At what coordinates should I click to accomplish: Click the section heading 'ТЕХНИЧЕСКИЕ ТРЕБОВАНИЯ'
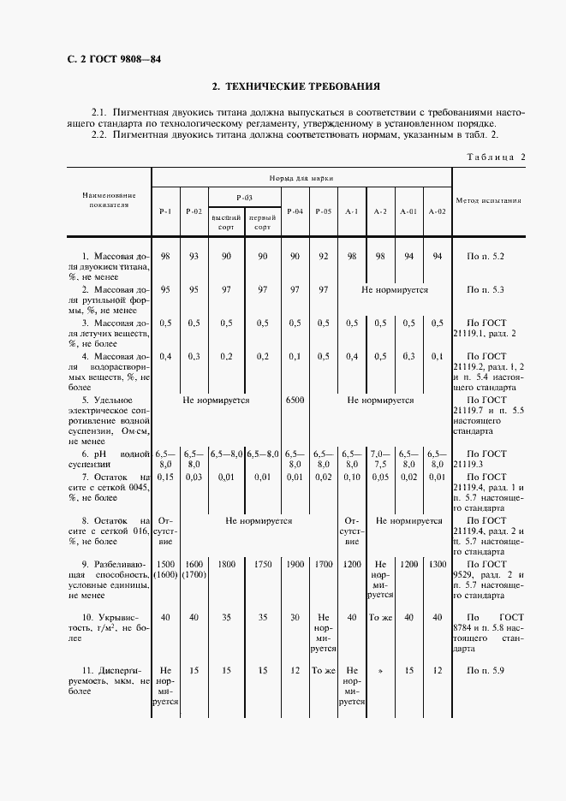coord(295,86)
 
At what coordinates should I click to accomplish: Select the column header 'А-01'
coord(409,211)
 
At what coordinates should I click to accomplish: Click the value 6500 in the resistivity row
coord(295,400)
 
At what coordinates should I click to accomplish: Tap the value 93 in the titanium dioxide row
coord(194,257)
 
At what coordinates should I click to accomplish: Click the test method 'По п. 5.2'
coord(486,257)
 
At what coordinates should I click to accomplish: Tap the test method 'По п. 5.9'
coord(486,670)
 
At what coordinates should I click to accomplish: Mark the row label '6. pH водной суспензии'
coord(110,459)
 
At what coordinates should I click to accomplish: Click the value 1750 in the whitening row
coord(263,566)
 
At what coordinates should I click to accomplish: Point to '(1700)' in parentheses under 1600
coord(194,575)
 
